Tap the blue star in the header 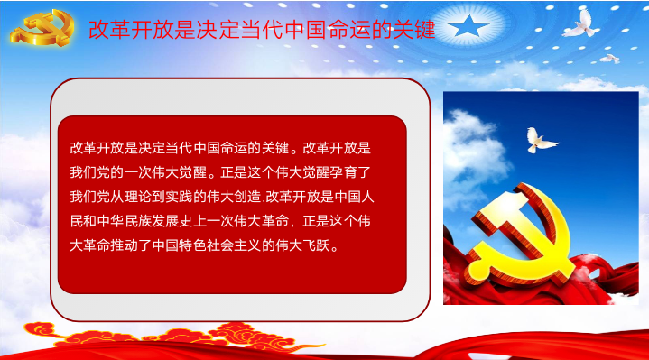468,27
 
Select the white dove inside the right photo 541,137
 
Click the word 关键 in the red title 414,30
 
